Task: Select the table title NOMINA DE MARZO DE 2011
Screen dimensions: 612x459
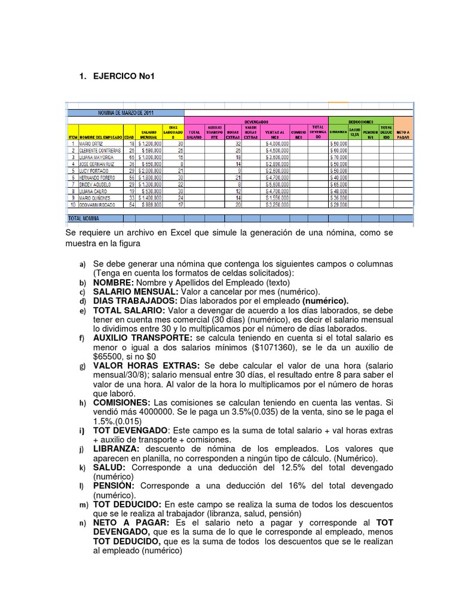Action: click(x=125, y=112)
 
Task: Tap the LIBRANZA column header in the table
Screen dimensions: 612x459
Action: click(x=338, y=131)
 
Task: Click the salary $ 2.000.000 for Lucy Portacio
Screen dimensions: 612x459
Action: click(x=149, y=170)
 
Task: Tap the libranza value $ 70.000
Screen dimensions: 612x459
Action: click(x=338, y=157)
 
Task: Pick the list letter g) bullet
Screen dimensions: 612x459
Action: click(x=82, y=366)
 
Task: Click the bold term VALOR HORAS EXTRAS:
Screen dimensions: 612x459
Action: click(x=146, y=366)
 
